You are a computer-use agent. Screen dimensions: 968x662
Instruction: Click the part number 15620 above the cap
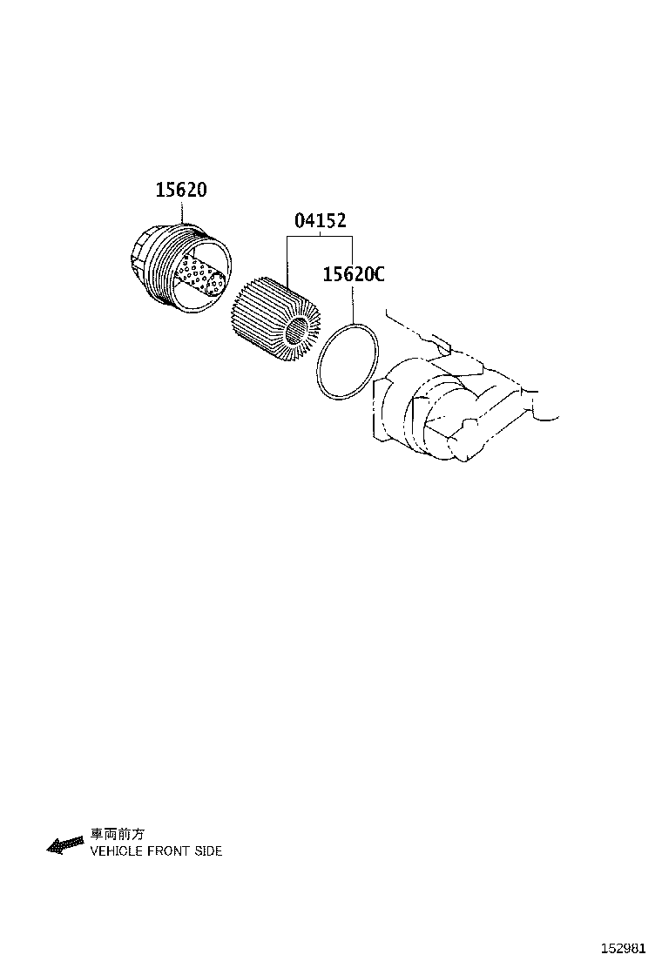(x=181, y=189)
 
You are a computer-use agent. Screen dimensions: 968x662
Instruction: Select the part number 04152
(x=320, y=221)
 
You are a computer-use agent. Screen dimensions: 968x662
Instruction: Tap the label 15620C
(x=353, y=275)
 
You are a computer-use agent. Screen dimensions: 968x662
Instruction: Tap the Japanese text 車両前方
(x=112, y=834)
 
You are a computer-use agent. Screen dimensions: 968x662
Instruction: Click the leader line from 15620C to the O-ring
(x=352, y=305)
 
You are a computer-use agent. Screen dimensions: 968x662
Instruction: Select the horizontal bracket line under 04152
(x=320, y=237)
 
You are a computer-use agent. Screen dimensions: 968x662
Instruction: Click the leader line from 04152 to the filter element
(x=287, y=257)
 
